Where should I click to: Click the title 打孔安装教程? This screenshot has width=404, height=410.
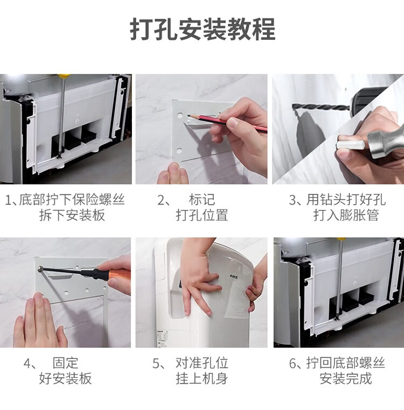tap(203, 29)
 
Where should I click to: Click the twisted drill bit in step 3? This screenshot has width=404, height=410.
tap(321, 107)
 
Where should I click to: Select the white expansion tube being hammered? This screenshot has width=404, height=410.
tap(350, 145)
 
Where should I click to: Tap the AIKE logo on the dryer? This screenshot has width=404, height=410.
tap(234, 277)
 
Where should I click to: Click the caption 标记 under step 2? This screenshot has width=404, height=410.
tap(202, 200)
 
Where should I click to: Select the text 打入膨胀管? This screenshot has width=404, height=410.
tap(346, 215)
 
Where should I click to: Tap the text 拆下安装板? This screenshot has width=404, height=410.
tap(72, 215)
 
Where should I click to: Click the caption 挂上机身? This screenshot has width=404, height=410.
tap(202, 378)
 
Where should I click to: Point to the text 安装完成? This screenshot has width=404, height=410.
tap(346, 378)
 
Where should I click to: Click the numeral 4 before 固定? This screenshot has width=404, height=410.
tap(27, 363)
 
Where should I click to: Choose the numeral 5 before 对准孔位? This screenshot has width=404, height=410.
tap(156, 363)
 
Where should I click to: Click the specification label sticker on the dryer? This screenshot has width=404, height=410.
tap(162, 338)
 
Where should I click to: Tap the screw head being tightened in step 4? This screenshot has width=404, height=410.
tap(40, 268)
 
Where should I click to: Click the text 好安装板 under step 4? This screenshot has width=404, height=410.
tap(66, 378)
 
